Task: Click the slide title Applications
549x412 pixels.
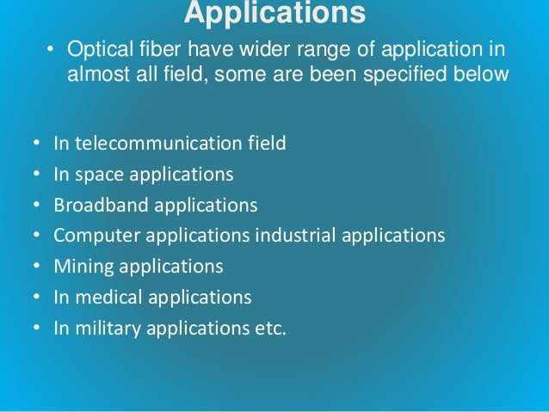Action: tap(274, 14)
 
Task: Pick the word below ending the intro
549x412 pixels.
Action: tap(484, 74)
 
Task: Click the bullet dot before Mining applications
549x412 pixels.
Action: tap(35, 267)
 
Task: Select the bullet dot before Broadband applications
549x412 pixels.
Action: tap(35, 206)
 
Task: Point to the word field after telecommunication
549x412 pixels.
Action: tap(265, 144)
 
